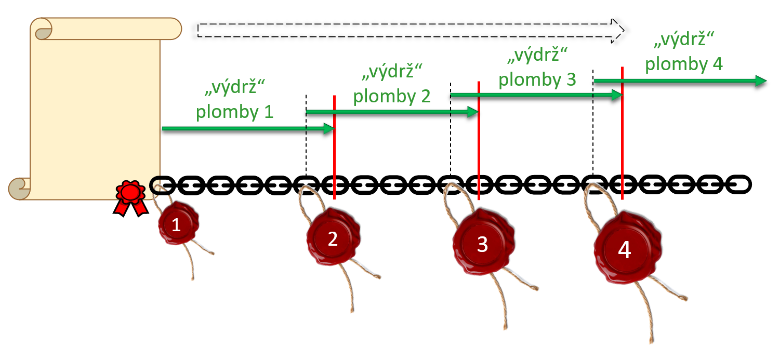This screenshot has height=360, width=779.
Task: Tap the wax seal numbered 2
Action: click(333, 238)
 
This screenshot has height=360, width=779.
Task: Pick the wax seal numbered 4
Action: click(625, 250)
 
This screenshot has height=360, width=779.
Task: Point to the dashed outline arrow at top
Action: click(411, 30)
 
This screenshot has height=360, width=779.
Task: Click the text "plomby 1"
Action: click(234, 112)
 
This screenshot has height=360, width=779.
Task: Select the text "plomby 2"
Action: click(392, 96)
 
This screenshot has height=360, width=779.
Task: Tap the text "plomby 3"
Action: click(537, 79)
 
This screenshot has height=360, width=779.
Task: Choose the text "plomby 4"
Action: click(683, 64)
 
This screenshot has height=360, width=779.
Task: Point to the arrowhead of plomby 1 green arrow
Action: click(329, 128)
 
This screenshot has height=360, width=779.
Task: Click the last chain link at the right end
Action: click(738, 184)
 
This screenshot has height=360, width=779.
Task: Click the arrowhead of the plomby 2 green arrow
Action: click(472, 112)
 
